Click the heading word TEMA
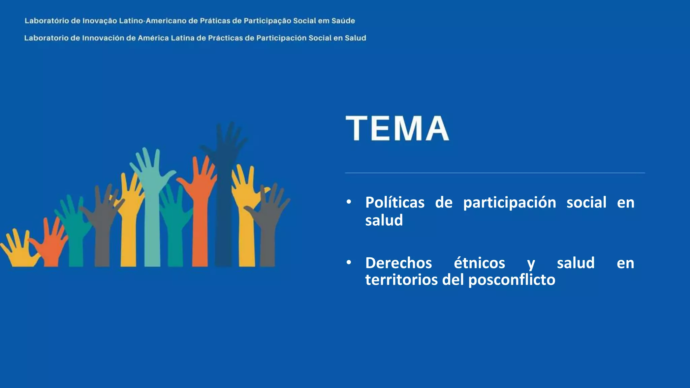pyautogui.click(x=397, y=128)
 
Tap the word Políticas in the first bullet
pyautogui.click(x=395, y=203)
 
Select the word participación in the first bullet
pyautogui.click(x=509, y=203)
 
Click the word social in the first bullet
pyautogui.click(x=586, y=203)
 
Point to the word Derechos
pyautogui.click(x=398, y=263)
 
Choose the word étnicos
pyautogui.click(x=479, y=263)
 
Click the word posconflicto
pyautogui.click(x=512, y=280)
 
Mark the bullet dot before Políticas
pyautogui.click(x=349, y=202)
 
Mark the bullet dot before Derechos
pyautogui.click(x=349, y=262)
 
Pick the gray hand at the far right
pyautogui.click(x=268, y=229)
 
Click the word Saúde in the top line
pyautogui.click(x=343, y=21)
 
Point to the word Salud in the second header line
pyautogui.click(x=355, y=38)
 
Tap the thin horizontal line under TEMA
pyautogui.click(x=495, y=173)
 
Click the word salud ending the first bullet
pyautogui.click(x=384, y=221)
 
